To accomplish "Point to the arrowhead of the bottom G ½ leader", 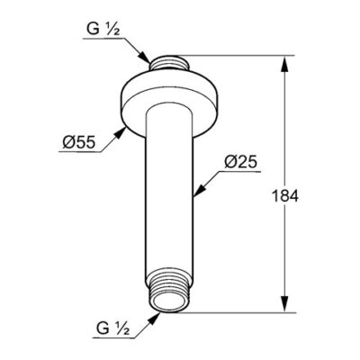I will click(158, 316).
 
